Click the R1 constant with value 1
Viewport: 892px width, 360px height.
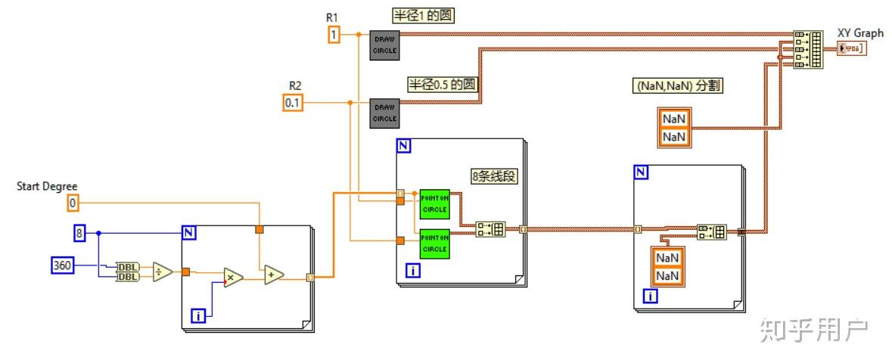tap(334, 34)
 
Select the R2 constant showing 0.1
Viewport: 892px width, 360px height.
tap(293, 102)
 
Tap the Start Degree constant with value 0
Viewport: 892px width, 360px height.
tap(73, 203)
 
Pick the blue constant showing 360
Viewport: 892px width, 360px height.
tap(62, 265)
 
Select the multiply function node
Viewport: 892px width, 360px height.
tap(231, 278)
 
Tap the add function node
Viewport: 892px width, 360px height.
tap(273, 276)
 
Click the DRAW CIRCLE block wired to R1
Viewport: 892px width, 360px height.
tap(384, 45)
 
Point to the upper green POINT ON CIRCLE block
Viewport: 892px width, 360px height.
tap(434, 203)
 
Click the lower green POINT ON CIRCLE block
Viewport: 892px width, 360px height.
tap(434, 243)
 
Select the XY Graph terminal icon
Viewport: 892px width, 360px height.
tap(853, 48)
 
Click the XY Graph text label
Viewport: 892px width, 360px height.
tap(860, 33)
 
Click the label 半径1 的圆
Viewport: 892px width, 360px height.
tap(423, 15)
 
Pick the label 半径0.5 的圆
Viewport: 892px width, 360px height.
tap(444, 83)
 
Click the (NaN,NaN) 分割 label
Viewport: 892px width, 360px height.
tap(676, 86)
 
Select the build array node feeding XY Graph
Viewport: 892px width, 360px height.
tap(807, 49)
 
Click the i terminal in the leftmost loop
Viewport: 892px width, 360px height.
tap(197, 316)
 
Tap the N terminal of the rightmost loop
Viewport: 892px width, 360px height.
tap(641, 172)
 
